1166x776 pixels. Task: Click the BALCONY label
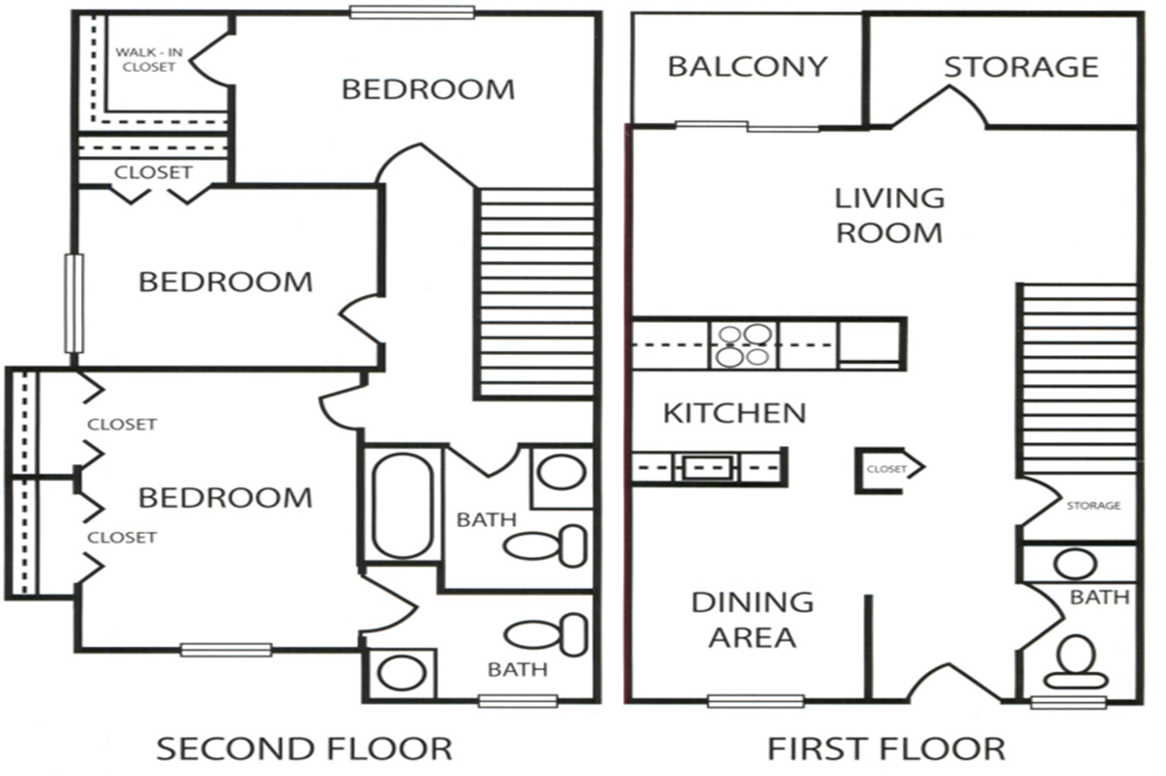pos(747,67)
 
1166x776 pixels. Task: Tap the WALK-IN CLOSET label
pos(149,59)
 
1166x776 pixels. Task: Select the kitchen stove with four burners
pos(743,346)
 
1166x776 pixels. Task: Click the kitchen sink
pos(706,468)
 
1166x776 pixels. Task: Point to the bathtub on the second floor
pos(402,505)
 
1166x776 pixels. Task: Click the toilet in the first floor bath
pos(1076,663)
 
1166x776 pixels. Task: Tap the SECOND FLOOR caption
pos(304,749)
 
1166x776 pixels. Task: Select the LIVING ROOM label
pos(889,216)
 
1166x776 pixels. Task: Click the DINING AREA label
pos(752,619)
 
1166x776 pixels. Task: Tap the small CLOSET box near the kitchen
pos(887,469)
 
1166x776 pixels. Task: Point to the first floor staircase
pos(1079,379)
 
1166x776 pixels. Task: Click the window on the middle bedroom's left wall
pos(74,303)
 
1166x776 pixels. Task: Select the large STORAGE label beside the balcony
pos(1020,67)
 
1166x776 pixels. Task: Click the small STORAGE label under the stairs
pos(1093,505)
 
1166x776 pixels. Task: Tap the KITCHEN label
pos(734,413)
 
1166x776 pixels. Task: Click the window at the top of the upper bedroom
pos(412,13)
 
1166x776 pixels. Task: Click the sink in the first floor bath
pos(1075,564)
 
